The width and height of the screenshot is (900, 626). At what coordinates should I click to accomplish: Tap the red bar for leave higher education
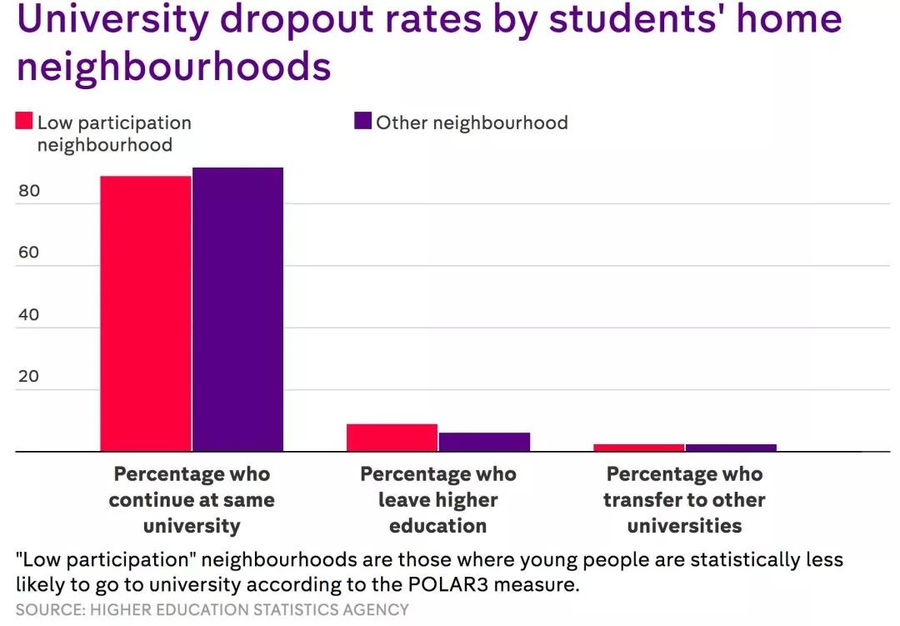coord(392,438)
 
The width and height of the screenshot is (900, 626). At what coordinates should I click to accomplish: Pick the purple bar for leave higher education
coord(484,442)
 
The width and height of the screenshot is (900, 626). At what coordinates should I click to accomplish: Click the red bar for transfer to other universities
coord(638,448)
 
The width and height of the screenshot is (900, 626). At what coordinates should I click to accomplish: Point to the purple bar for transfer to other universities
coord(731,448)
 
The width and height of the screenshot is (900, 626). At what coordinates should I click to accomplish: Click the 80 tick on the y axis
coord(28,191)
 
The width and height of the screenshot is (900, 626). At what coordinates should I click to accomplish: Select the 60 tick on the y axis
coord(28,253)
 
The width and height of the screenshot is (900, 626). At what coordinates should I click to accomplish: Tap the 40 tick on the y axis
coord(28,314)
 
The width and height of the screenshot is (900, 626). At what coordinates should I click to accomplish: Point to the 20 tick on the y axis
coord(28,376)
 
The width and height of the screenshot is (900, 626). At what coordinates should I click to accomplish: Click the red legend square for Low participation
coord(24,122)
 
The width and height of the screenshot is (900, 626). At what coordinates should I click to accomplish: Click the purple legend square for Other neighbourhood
coord(362,122)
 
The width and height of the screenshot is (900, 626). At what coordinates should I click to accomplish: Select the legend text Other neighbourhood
coord(472,123)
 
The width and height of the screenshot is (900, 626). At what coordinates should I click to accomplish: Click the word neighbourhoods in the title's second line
coord(173,67)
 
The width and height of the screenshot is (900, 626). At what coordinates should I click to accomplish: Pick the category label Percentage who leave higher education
coord(437,499)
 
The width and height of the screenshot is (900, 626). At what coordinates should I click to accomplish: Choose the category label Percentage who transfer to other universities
coord(684,499)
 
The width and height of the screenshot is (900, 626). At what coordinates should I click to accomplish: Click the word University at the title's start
coord(112,20)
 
